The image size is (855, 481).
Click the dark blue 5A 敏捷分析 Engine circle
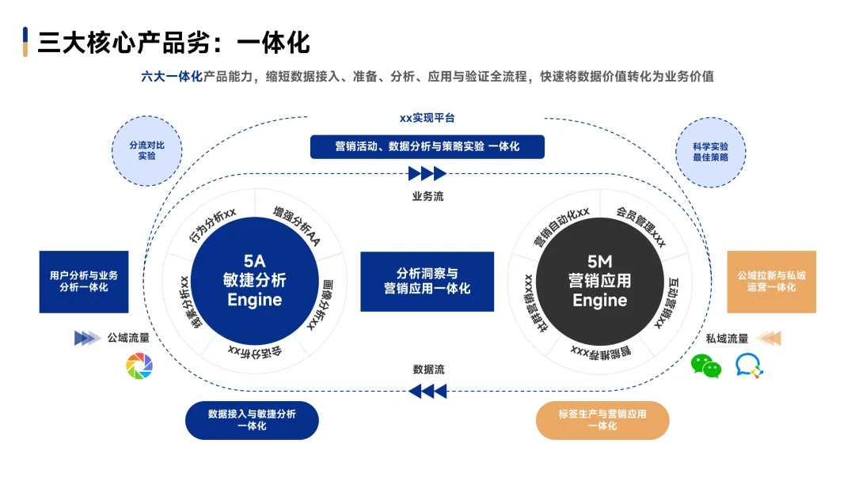point(254,280)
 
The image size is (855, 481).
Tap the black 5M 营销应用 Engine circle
point(600,280)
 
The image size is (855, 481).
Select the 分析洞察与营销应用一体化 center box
point(427,281)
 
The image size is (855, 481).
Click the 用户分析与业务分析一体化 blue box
point(84,282)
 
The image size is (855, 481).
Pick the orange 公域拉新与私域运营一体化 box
point(771,282)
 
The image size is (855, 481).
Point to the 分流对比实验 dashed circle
point(147,151)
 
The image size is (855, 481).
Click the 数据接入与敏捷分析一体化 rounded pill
point(252,420)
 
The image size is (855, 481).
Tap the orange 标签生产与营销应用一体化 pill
point(602,420)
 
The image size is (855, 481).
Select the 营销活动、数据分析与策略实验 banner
point(427,146)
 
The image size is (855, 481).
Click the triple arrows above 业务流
point(427,173)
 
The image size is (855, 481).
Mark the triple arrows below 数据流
point(427,391)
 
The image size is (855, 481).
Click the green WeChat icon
point(706,365)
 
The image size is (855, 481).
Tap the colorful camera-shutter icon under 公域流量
point(139,365)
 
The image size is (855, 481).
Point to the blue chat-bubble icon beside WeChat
point(749,365)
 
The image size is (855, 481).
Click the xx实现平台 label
point(427,118)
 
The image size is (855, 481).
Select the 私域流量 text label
point(727,339)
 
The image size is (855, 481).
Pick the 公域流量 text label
point(128,339)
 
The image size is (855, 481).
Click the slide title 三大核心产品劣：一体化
point(173,42)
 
